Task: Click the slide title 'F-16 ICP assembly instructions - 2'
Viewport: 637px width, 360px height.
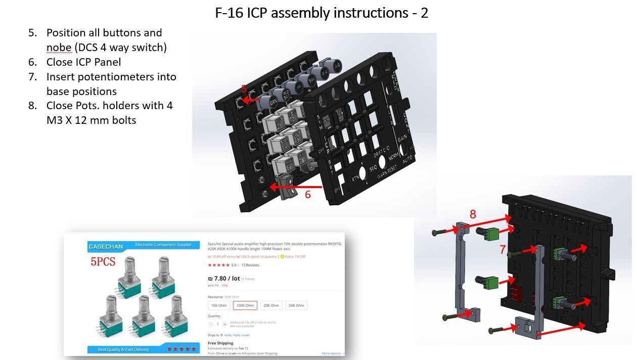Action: [x=322, y=13]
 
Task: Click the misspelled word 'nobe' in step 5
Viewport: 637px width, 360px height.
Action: [x=59, y=48]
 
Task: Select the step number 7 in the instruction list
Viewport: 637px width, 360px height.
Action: [x=33, y=77]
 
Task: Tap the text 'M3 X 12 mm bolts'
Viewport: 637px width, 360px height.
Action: [x=91, y=120]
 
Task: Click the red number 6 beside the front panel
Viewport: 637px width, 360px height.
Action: [x=307, y=194]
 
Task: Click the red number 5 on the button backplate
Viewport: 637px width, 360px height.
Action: [x=244, y=89]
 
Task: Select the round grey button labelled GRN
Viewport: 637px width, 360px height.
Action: [x=273, y=102]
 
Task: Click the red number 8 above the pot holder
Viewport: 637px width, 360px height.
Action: [x=473, y=214]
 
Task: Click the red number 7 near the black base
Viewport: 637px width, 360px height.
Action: [x=503, y=249]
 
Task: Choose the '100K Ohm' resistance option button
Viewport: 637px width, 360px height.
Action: [x=245, y=305]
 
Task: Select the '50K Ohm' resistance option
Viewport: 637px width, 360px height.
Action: [x=296, y=305]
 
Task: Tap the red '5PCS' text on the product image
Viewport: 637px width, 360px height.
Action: [x=103, y=261]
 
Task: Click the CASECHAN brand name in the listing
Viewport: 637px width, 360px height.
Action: [x=106, y=246]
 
